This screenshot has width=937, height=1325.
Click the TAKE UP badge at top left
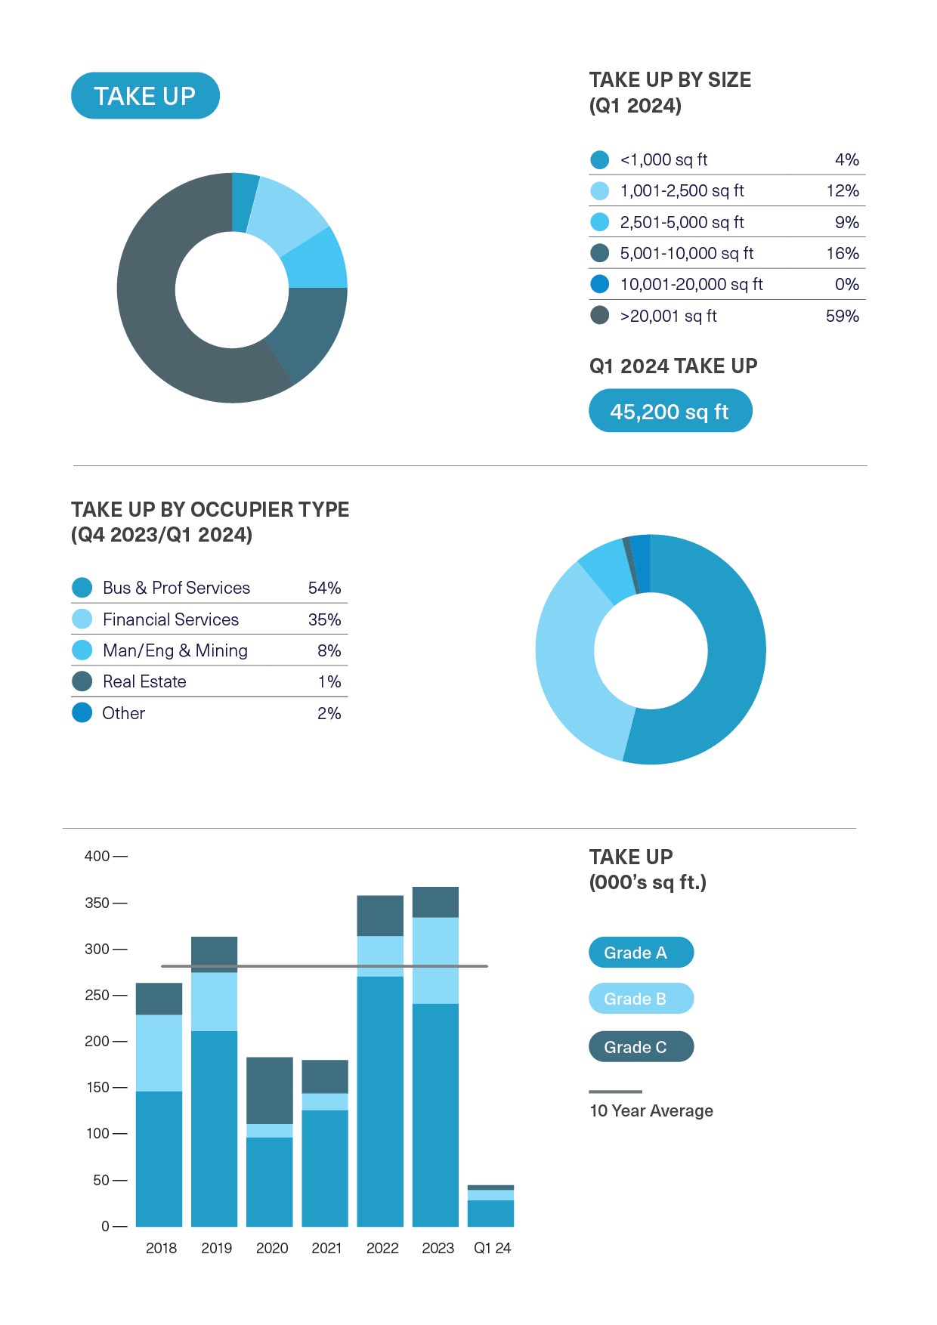145,96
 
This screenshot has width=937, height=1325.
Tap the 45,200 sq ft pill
670,412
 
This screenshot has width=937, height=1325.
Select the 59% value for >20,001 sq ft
842,317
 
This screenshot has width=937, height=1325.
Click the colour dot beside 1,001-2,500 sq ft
599,191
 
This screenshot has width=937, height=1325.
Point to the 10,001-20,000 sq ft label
691,285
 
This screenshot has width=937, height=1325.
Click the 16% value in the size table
842,254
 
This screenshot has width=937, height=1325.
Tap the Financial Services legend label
171,620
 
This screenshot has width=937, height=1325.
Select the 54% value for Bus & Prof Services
324,588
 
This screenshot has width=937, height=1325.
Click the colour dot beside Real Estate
82,681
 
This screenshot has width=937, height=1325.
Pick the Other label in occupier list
124,714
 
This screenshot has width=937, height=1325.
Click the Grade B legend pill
641,999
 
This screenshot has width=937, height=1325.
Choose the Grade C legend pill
641,1047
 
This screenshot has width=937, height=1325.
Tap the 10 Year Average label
651,1111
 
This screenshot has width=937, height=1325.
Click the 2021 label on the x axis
326,1249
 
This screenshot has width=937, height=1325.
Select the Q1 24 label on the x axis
492,1249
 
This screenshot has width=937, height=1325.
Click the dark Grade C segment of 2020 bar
270,1090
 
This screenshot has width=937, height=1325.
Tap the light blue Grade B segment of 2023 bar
435,960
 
